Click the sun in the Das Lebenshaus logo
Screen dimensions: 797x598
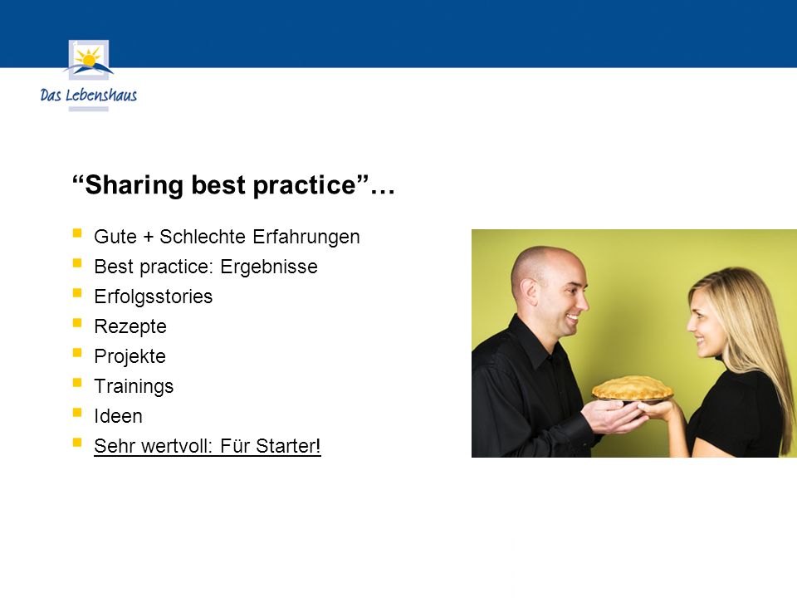[x=89, y=58]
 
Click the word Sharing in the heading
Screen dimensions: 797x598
[x=134, y=185]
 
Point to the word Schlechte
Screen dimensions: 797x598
[x=203, y=237]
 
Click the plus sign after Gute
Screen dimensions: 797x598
[x=148, y=237]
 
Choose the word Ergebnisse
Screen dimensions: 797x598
[x=269, y=267]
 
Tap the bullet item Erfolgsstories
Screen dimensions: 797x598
[x=153, y=297]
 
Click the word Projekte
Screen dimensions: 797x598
[x=130, y=356]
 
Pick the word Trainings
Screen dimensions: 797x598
[x=134, y=386]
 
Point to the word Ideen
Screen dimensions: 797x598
[x=118, y=416]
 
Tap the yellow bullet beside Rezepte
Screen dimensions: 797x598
[x=77, y=322]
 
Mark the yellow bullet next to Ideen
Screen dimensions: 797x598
[x=77, y=413]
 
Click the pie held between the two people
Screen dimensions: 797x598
[x=633, y=389]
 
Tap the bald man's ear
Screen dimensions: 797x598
[x=529, y=293]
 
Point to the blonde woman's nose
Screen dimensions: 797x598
[x=692, y=326]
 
